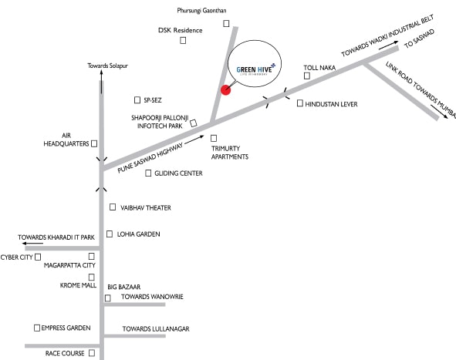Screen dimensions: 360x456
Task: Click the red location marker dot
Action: tap(225, 89)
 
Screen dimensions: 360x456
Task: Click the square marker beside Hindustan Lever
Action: tap(299, 103)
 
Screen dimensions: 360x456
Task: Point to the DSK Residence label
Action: tap(180, 31)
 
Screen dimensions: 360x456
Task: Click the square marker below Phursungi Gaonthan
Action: tap(227, 24)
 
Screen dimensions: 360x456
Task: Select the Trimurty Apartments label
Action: tap(230, 152)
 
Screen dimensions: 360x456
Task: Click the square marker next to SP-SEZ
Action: tap(137, 99)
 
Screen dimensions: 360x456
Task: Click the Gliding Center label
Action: tap(178, 173)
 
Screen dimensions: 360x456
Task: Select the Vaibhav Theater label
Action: tap(145, 207)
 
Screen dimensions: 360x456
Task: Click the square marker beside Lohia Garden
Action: tap(110, 233)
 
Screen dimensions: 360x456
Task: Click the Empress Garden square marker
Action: tap(36, 328)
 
